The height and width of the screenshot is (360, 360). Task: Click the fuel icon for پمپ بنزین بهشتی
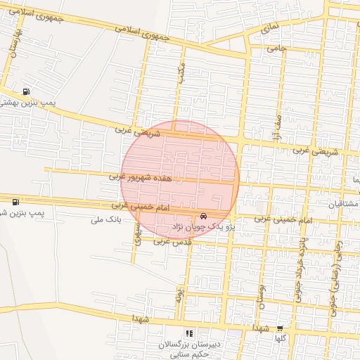tap(26, 91)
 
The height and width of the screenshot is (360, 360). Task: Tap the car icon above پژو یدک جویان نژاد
tap(203, 216)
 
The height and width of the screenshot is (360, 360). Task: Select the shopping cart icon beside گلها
tap(280, 328)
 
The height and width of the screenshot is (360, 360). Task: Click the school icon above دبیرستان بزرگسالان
tap(188, 333)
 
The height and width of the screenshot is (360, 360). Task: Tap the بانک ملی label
tap(106, 219)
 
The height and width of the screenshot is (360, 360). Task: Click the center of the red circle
tap(180, 180)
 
